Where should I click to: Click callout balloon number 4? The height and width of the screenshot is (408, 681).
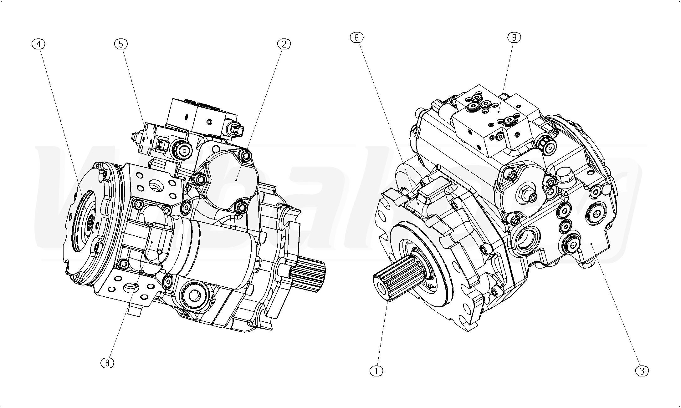38,44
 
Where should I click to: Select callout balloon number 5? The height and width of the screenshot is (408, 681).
121,44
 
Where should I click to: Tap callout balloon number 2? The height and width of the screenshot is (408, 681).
284,44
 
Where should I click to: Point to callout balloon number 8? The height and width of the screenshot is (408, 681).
107,363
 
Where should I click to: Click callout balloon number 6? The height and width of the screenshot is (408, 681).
356,38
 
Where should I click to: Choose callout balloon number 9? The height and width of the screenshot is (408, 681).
514,38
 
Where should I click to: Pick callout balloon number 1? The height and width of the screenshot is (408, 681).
376,371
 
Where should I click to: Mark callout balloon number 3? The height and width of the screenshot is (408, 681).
642,371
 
